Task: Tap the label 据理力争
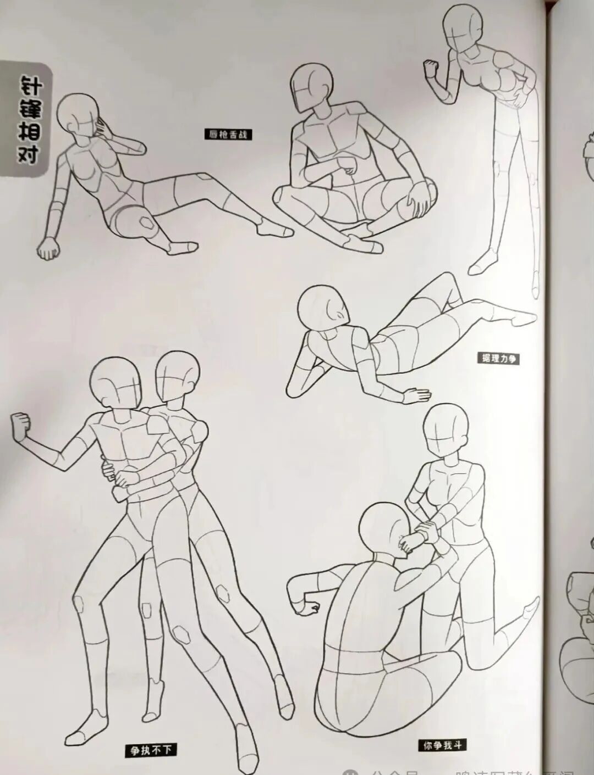click(x=498, y=359)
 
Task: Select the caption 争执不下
click(x=150, y=749)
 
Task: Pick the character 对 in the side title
click(x=29, y=154)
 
